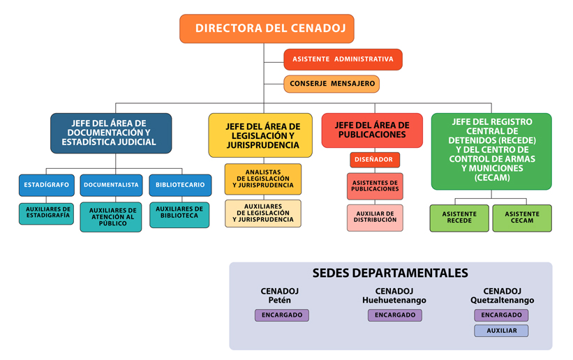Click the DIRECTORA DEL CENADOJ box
[267, 29]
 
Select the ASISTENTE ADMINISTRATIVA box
[343, 59]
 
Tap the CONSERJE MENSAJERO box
[332, 84]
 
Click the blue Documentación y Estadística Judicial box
[111, 133]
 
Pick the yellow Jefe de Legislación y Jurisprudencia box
[262, 135]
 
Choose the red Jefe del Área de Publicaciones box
[372, 130]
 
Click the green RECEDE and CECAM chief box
[491, 150]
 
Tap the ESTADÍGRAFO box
[46, 185]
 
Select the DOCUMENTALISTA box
[111, 185]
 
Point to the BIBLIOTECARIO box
[180, 185]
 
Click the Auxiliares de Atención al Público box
[112, 217]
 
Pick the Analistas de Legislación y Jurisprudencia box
[263, 179]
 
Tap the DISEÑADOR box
[375, 160]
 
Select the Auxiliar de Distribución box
[375, 217]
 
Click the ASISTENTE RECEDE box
[459, 218]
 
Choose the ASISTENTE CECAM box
[522, 218]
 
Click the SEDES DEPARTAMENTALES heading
[390, 273]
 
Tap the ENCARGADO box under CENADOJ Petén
[282, 315]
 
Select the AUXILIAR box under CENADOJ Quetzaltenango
[501, 331]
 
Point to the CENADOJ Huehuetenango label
[394, 296]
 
